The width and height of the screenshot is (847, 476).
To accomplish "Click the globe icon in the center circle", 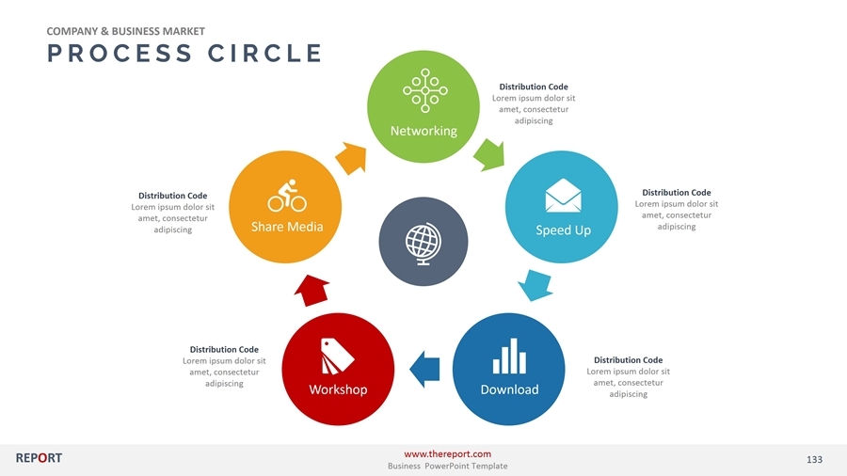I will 420,242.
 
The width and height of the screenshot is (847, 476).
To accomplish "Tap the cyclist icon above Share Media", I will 287,196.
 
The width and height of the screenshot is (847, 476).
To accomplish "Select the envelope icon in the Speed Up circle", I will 563,196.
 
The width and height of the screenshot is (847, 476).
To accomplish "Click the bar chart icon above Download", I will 509,356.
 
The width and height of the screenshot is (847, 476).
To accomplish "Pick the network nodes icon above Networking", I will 425,90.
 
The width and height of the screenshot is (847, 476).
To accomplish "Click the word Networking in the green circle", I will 423,131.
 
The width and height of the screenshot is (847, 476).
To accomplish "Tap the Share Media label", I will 286,227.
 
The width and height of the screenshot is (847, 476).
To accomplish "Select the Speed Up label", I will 563,230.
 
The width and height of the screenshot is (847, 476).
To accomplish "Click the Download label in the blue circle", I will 509,389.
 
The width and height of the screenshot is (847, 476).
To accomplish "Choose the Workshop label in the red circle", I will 338,389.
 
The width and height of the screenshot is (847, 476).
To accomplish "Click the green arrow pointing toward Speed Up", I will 489,153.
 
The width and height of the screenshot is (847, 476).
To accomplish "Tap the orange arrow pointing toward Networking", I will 350,156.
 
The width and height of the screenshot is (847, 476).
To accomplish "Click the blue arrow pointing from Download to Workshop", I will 425,369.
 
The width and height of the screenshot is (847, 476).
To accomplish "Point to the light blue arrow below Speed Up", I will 536,284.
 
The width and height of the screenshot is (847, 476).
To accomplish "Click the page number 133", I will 814,459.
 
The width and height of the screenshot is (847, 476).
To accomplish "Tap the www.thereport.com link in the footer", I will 447,454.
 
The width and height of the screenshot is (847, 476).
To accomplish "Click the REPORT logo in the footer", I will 39,458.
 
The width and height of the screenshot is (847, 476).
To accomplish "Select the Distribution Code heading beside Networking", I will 534,87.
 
